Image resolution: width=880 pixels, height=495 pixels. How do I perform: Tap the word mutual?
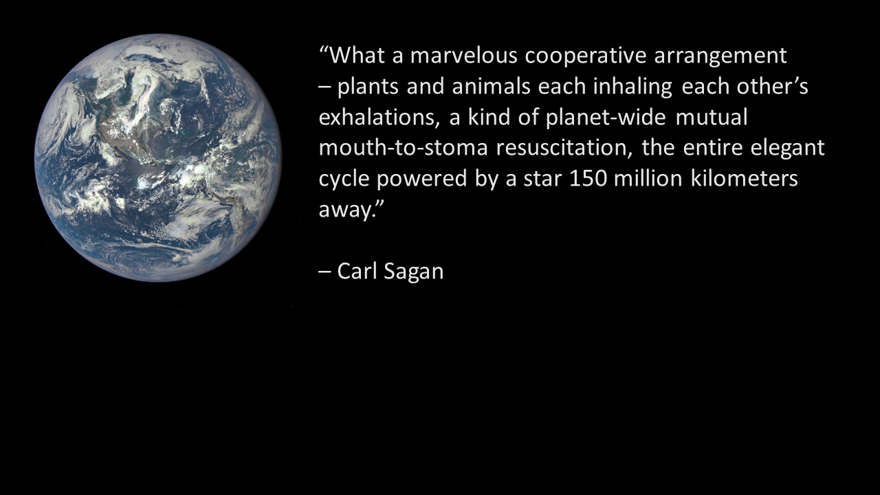712,118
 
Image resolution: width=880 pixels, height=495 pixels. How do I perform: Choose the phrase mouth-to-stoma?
404,148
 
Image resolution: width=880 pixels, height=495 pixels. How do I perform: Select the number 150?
588,179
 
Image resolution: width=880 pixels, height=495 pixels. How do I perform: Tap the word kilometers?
744,178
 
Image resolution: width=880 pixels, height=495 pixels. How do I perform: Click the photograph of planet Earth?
158,158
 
